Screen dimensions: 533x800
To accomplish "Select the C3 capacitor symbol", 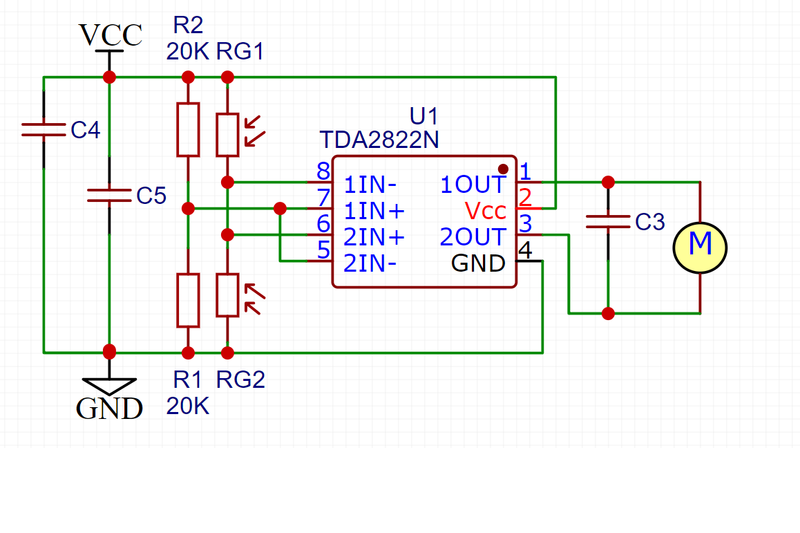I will pyautogui.click(x=608, y=222).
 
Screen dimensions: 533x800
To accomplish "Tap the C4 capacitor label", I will pyautogui.click(x=86, y=130).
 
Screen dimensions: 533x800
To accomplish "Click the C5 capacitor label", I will pyautogui.click(x=151, y=196).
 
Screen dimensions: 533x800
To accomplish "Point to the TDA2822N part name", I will pyautogui.click(x=379, y=140).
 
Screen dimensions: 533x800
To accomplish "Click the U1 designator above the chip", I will pyautogui.click(x=424, y=115).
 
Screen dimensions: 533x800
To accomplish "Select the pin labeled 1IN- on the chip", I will pyautogui.click(x=370, y=185).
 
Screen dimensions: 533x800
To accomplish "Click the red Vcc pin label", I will pyautogui.click(x=485, y=210).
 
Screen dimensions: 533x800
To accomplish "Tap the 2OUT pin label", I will pyautogui.click(x=473, y=237).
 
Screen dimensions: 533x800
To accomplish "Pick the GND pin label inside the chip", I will pyautogui.click(x=478, y=263).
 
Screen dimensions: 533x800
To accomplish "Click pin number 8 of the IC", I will pyautogui.click(x=323, y=171).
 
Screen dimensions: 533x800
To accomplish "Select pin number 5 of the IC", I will pyautogui.click(x=323, y=250).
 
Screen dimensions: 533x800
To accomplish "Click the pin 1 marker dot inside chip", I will pyautogui.click(x=503, y=169).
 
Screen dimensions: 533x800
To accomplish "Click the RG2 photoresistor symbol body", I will pyautogui.click(x=227, y=295).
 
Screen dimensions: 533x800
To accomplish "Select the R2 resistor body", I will pyautogui.click(x=188, y=129).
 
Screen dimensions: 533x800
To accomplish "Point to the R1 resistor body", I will pyautogui.click(x=188, y=300).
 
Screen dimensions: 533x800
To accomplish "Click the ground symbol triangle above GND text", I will pyautogui.click(x=109, y=386).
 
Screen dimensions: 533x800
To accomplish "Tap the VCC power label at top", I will pyautogui.click(x=111, y=35).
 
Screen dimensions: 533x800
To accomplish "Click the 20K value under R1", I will pyautogui.click(x=187, y=406).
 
